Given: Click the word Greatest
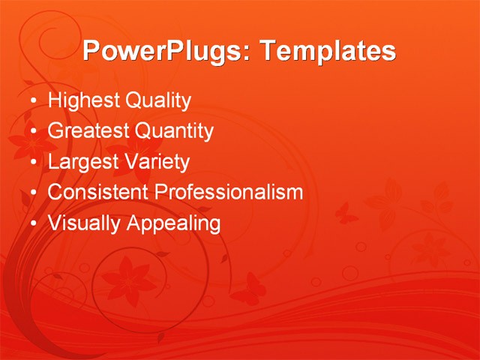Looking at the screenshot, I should coord(88,131).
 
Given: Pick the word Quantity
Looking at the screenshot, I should coord(174,131).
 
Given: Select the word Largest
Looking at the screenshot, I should coord(81,162).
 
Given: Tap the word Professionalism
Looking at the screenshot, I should coord(229,192).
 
